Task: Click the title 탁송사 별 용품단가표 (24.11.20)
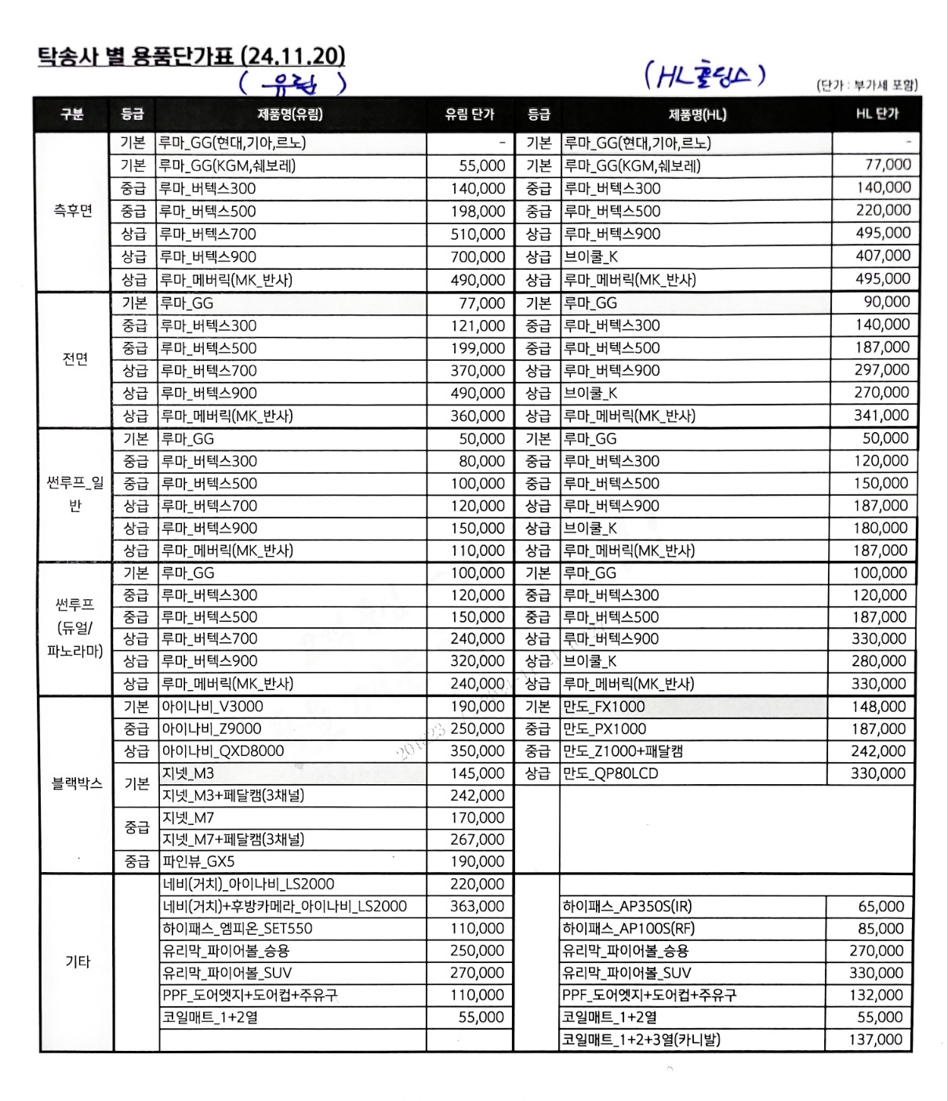pos(191,56)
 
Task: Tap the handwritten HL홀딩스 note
pos(704,75)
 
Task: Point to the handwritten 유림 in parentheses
pos(292,83)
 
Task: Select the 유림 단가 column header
pos(469,114)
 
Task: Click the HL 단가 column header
pos(877,114)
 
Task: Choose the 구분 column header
pos(72,114)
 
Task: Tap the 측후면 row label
pos(73,210)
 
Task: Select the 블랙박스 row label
pos(77,783)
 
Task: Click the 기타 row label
pos(78,961)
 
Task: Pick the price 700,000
pos(478,257)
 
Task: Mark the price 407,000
pos(883,256)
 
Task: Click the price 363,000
pos(477,907)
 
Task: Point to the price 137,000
pos(876,1040)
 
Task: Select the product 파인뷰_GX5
pos(198,862)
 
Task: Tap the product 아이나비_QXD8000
pos(223,751)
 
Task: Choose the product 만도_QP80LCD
pos(610,773)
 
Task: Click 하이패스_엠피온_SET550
pos(237,928)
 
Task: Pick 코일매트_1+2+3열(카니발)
pos(641,1040)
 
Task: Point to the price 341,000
pos(881,416)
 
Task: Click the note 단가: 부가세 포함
pos(866,85)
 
